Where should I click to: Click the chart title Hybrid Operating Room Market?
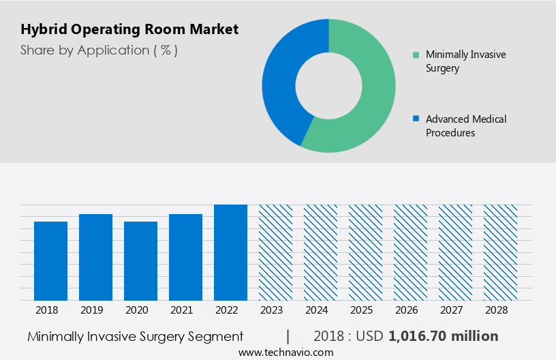pyautogui.click(x=129, y=29)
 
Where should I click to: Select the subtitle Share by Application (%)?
pyautogui.click(x=99, y=50)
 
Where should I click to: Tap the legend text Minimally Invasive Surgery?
pyautogui.click(x=465, y=61)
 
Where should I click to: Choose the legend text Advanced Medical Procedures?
pyautogui.click(x=465, y=125)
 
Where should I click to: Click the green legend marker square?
pyautogui.click(x=416, y=55)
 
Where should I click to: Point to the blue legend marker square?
pyautogui.click(x=416, y=119)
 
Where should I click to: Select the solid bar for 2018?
pyautogui.click(x=50, y=260)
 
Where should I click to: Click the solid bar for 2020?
pyautogui.click(x=140, y=260)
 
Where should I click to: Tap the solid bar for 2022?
pyautogui.click(x=230, y=252)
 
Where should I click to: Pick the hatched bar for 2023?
pyautogui.click(x=275, y=252)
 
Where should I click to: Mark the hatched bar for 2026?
pyautogui.click(x=410, y=252)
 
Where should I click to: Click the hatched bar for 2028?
pyautogui.click(x=500, y=252)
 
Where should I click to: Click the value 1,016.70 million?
pyautogui.click(x=443, y=336)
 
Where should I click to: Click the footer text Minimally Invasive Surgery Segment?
pyautogui.click(x=135, y=336)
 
